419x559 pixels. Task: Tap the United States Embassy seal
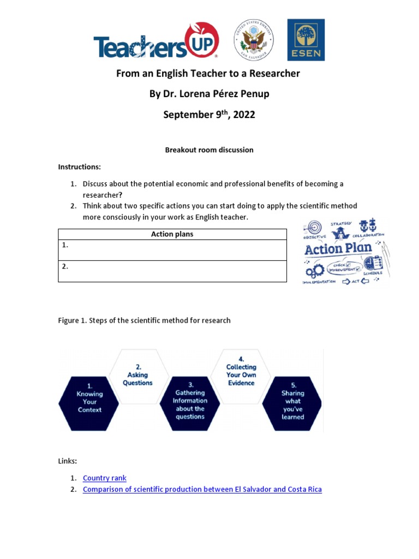(254, 41)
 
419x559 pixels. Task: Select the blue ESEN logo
(306, 40)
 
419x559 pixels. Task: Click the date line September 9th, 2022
(209, 115)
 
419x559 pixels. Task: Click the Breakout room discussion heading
(209, 150)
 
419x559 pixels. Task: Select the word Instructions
(79, 166)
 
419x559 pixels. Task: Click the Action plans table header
(172, 234)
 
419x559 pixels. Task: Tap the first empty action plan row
(172, 250)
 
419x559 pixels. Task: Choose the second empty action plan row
(172, 271)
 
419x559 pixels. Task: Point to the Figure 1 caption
(144, 320)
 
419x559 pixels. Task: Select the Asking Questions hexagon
(137, 375)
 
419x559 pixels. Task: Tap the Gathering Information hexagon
(189, 404)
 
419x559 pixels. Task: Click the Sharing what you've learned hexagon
(292, 404)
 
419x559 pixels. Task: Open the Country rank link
(104, 478)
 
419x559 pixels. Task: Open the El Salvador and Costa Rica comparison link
(202, 490)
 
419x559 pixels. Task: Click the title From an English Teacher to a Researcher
(208, 73)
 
